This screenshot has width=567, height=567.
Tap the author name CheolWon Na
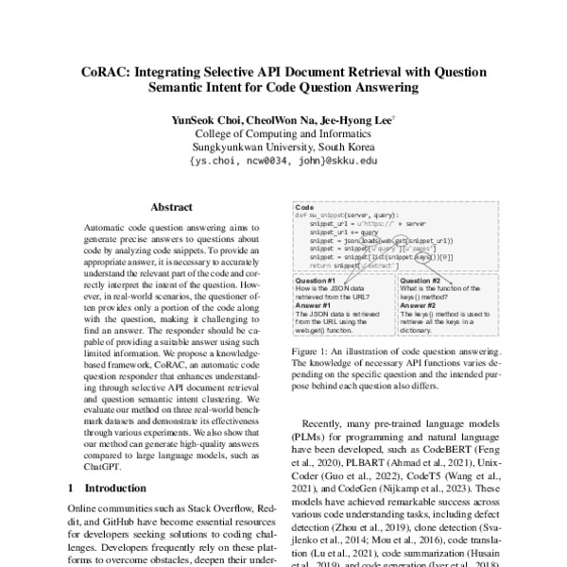pyautogui.click(x=279, y=120)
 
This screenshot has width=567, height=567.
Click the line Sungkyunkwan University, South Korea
pyautogui.click(x=283, y=147)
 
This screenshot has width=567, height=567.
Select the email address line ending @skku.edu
pyautogui.click(x=283, y=162)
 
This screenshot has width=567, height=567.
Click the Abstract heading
pyautogui.click(x=171, y=207)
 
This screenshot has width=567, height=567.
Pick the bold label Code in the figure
pyautogui.click(x=304, y=207)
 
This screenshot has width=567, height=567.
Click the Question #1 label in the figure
pyautogui.click(x=316, y=281)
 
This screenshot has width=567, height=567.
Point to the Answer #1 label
pyautogui.click(x=313, y=305)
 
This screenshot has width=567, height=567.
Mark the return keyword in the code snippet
pyautogui.click(x=320, y=266)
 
